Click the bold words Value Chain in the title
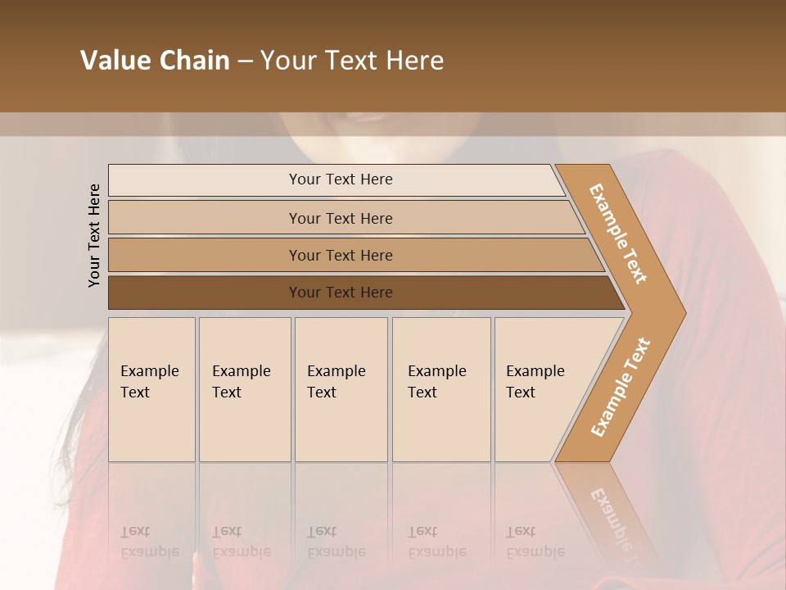pyautogui.click(x=155, y=61)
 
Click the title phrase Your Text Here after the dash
pyautogui.click(x=352, y=61)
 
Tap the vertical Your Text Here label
pyautogui.click(x=94, y=235)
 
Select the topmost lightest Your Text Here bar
pyautogui.click(x=340, y=179)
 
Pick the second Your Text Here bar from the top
pyautogui.click(x=340, y=218)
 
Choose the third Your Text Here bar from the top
pyautogui.click(x=340, y=256)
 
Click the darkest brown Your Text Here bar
pyautogui.click(x=340, y=293)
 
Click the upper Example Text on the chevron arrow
pyautogui.click(x=618, y=234)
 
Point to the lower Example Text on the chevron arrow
pyautogui.click(x=620, y=388)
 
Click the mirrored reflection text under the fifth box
pyautogui.click(x=535, y=542)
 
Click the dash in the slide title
pyautogui.click(x=245, y=61)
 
